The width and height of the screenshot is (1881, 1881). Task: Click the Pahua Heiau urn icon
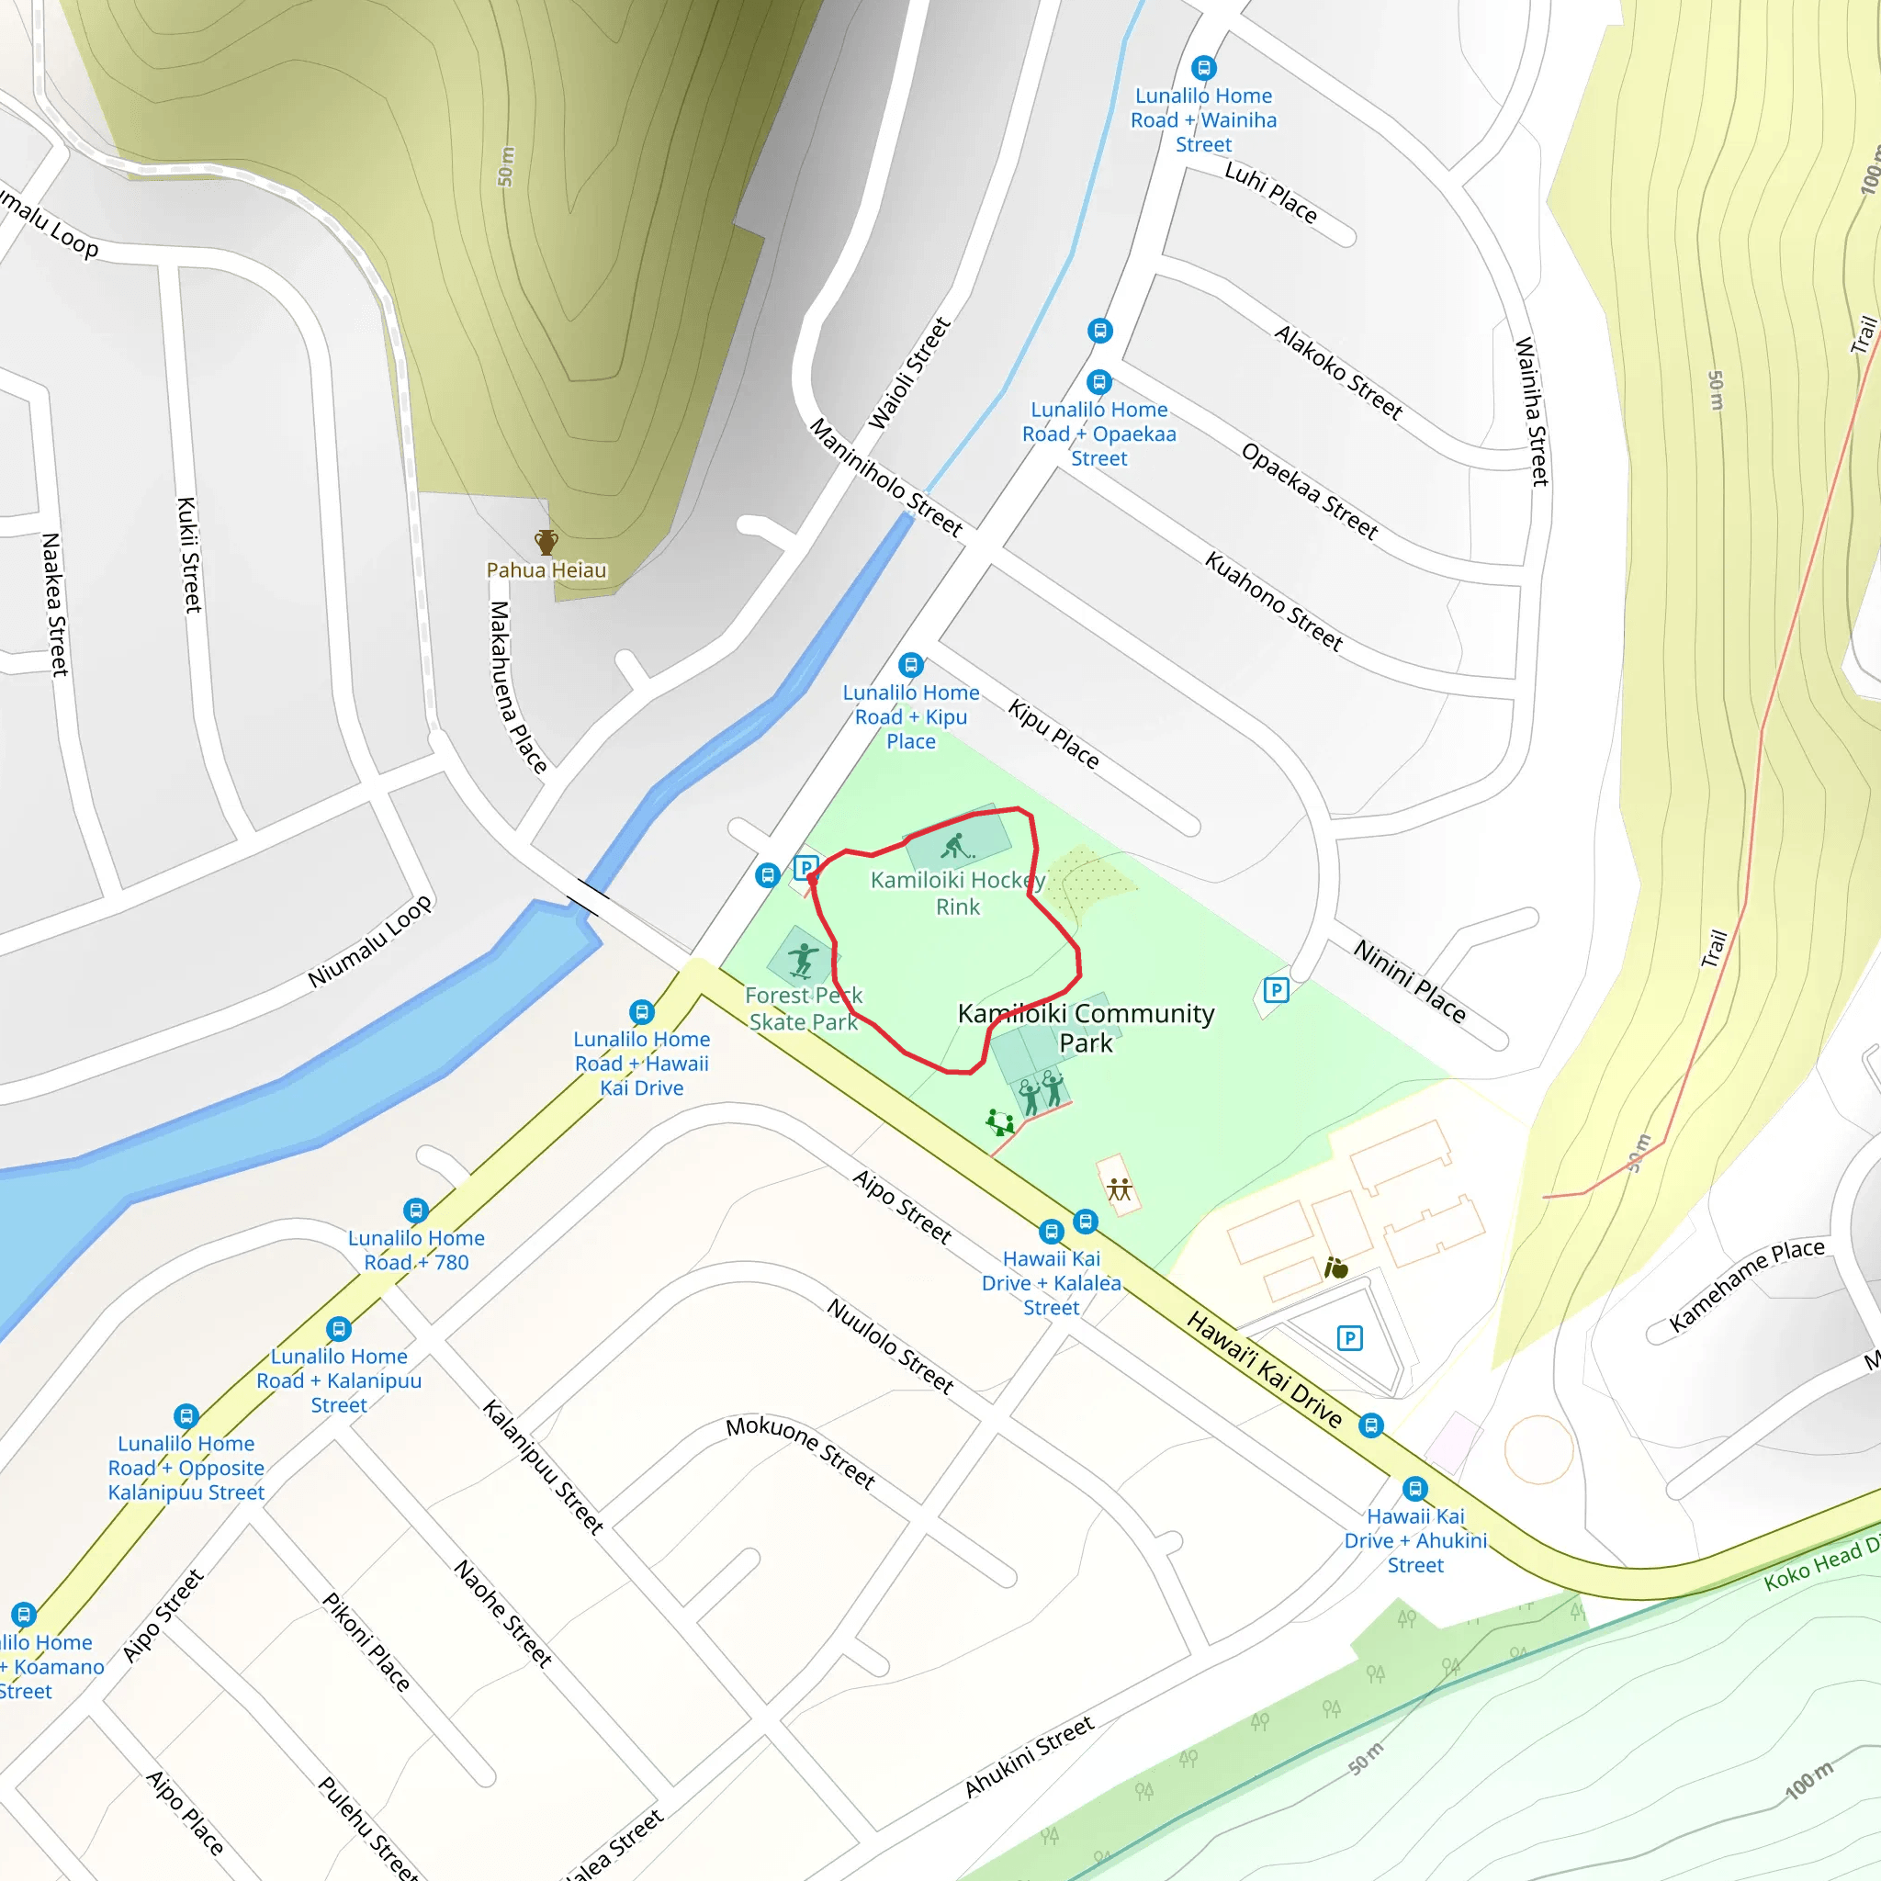tap(546, 541)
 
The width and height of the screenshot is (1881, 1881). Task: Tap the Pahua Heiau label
tap(546, 570)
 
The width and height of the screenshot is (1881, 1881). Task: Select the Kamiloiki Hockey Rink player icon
tap(956, 846)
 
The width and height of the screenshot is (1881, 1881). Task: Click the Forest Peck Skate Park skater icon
tap(802, 960)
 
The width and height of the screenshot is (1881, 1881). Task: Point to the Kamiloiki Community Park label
tap(1086, 1027)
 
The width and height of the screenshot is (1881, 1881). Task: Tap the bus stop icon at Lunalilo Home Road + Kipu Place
tap(910, 665)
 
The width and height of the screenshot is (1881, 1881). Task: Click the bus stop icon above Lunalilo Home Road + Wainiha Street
tap(1203, 67)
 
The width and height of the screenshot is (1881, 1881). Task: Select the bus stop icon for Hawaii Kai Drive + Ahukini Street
tap(1414, 1489)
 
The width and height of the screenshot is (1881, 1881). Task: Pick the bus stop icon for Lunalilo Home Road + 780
tap(416, 1211)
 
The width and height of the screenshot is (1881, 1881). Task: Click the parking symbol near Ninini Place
tap(1276, 990)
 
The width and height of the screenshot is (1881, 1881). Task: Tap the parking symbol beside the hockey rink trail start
tap(805, 866)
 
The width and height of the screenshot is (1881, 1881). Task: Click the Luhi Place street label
tap(1270, 193)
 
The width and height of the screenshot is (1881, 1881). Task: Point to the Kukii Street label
tap(189, 554)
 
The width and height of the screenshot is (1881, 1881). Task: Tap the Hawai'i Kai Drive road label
tap(1264, 1368)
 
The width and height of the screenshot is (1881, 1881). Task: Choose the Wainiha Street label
tap(1531, 410)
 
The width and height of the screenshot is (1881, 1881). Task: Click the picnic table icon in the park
tap(1120, 1188)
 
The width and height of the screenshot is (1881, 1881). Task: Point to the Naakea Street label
tap(54, 603)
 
